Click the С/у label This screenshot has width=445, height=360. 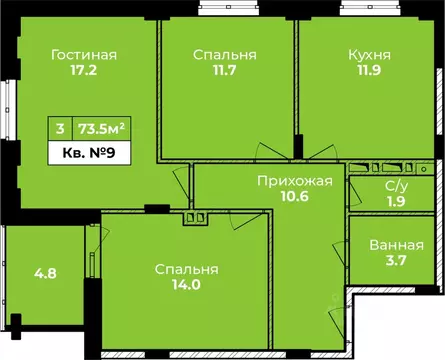(x=395, y=186)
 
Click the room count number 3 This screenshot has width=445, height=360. (x=61, y=128)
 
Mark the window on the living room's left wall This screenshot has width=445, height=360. (x=9, y=111)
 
